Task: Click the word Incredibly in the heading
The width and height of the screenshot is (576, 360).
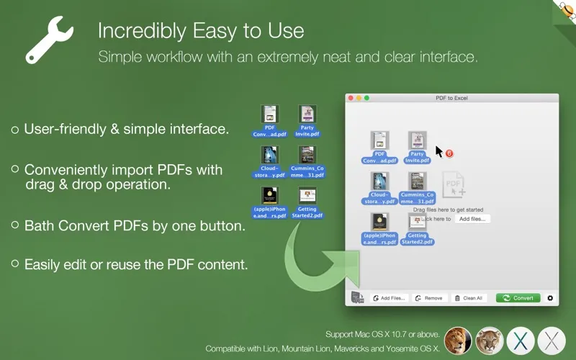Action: pyautogui.click(x=144, y=31)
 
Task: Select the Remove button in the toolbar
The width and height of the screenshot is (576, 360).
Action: pyautogui.click(x=430, y=298)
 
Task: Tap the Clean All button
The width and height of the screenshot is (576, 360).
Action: pyautogui.click(x=469, y=298)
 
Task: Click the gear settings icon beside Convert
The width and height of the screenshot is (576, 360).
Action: pyautogui.click(x=551, y=298)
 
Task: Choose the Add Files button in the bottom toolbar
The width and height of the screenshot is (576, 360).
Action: pyautogui.click(x=389, y=298)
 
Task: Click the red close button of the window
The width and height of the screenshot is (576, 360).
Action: pyautogui.click(x=351, y=98)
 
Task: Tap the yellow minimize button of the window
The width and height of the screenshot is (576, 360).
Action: pyautogui.click(x=359, y=98)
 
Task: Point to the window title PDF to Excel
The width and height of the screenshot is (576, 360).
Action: pyautogui.click(x=452, y=98)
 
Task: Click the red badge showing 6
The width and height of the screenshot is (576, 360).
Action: pyautogui.click(x=449, y=153)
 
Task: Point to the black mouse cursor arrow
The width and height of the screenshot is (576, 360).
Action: pyautogui.click(x=438, y=151)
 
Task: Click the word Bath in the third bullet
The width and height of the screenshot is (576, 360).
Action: pyautogui.click(x=40, y=225)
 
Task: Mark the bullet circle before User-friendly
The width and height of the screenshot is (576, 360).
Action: pyautogui.click(x=15, y=130)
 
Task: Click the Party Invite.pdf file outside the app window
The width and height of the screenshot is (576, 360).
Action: pyautogui.click(x=307, y=121)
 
